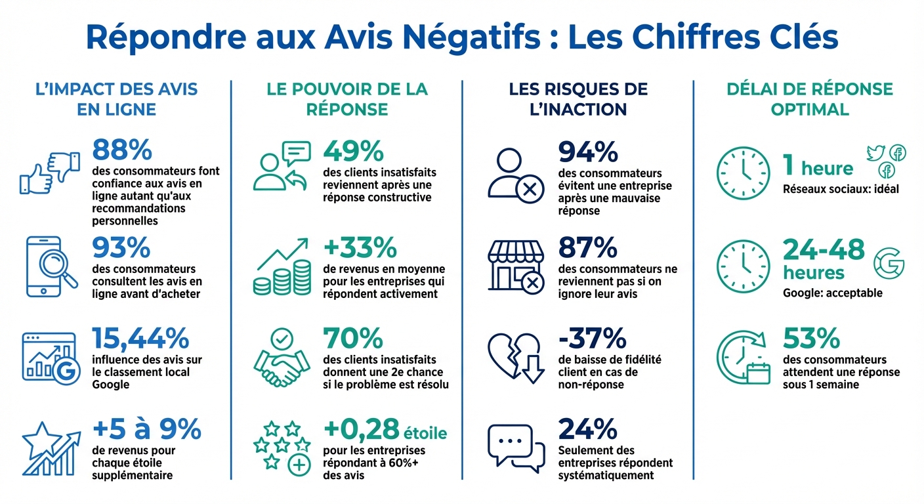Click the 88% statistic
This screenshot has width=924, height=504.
[x=122, y=150]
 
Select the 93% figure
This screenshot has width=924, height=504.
[x=122, y=248]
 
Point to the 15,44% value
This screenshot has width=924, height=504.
[x=140, y=339]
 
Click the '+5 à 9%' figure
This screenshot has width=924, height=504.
[x=146, y=429]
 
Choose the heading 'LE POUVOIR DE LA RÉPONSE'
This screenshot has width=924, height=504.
[x=347, y=98]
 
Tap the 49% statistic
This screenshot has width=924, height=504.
[x=353, y=152]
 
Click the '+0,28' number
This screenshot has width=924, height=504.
[x=362, y=429]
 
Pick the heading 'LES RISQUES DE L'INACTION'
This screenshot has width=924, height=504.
[x=578, y=98]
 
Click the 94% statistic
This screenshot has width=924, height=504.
[x=588, y=152]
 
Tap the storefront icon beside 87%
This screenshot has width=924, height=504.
[x=516, y=264]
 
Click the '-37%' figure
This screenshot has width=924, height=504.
[x=592, y=339]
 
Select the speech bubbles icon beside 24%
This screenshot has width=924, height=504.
[x=516, y=448]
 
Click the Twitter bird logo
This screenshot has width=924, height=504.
[x=875, y=153]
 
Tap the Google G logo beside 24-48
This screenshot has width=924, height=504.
[x=889, y=262]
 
